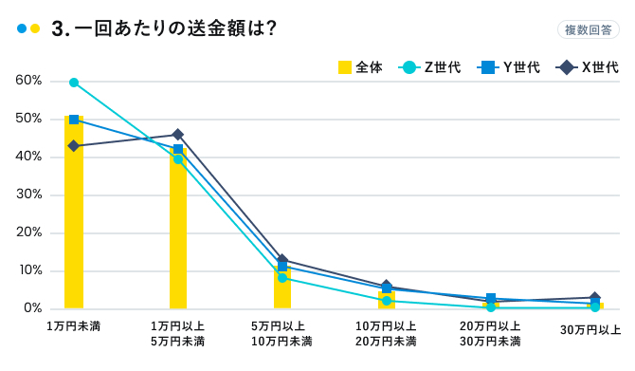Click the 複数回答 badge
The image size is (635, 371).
click(588, 29)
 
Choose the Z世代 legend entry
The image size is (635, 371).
click(431, 67)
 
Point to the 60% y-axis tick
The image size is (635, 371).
click(28, 81)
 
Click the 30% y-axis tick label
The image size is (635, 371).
click(28, 195)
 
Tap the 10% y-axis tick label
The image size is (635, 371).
click(28, 270)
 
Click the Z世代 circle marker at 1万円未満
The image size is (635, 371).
click(74, 83)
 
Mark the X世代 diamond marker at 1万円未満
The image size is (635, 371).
click(74, 145)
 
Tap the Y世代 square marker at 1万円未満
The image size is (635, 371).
click(74, 120)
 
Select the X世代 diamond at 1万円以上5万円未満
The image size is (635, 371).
click(178, 135)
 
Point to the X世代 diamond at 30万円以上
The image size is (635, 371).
click(595, 298)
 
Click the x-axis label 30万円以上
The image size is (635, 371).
click(590, 329)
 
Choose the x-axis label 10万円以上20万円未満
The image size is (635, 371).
click(386, 333)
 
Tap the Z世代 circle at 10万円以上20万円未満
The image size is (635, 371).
click(387, 301)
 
